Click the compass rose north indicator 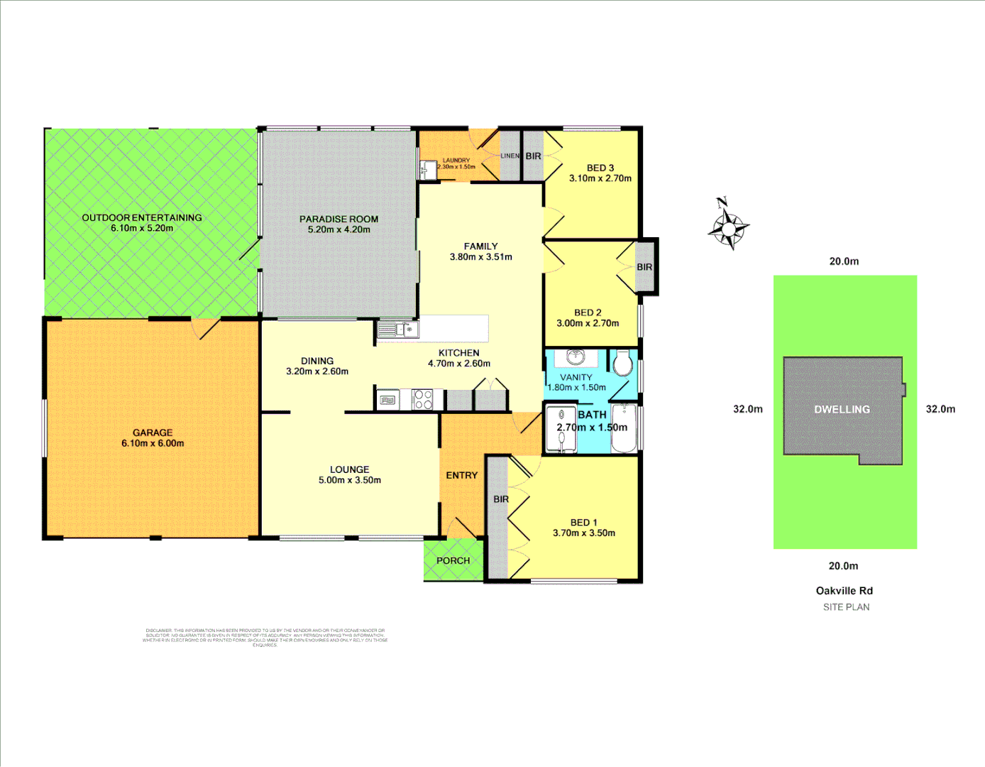pos(728,224)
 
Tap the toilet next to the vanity pos(622,363)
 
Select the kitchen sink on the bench pos(397,330)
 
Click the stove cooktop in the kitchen pos(423,400)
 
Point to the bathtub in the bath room pos(625,428)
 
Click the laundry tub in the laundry pos(428,169)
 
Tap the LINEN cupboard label pos(510,156)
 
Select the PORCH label pos(453,560)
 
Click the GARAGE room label pos(153,433)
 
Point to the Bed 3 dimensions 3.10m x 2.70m pos(600,178)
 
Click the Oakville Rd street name pos(844,591)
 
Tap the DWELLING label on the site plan pos(842,409)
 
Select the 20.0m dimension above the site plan pos(844,261)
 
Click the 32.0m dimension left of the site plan pos(748,409)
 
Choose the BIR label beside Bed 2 pos(644,267)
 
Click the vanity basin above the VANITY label pos(576,357)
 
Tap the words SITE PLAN pos(846,607)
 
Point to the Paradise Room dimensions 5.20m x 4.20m pos(339,229)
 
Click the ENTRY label pos(461,475)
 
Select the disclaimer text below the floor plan pos(265,637)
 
